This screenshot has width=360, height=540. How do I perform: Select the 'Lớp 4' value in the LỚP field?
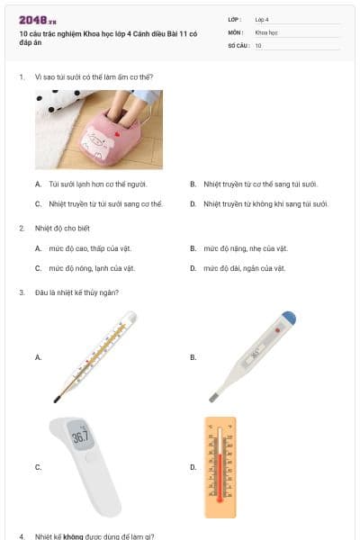262,19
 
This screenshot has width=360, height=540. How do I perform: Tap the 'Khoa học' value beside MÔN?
265,31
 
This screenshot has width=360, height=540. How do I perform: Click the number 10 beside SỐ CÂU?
258,44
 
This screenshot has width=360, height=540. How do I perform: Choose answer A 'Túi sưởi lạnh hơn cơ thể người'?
98,184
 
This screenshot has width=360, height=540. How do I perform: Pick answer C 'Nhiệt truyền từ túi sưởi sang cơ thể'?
104,203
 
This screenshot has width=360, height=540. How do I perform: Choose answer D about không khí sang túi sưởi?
265,203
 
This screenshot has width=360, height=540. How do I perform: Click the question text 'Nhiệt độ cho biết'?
62,229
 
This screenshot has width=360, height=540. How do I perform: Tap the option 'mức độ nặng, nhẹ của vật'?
245,248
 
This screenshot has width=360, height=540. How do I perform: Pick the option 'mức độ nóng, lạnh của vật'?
92,268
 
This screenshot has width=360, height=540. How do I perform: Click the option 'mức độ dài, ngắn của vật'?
244,268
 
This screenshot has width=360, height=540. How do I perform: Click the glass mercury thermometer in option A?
94,356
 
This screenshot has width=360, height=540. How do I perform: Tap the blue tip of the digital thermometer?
287,319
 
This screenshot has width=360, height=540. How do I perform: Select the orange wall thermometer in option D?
220,466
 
